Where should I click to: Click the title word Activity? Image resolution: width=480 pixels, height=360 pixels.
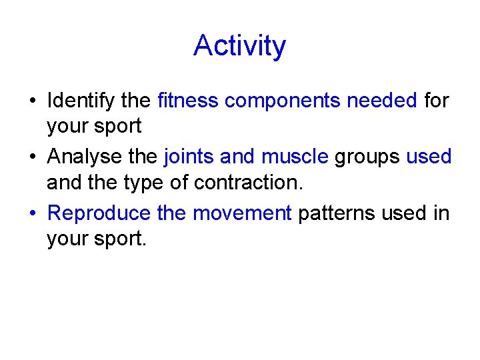click(239, 46)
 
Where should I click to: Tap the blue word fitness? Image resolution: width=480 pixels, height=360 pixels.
click(188, 101)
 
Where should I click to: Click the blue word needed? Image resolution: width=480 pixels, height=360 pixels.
click(383, 101)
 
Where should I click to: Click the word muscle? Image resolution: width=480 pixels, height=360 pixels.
click(295, 157)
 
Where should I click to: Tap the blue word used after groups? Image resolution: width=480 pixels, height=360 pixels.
click(429, 157)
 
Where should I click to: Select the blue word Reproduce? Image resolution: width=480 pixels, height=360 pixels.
click(99, 214)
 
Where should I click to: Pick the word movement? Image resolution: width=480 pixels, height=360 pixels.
click(242, 213)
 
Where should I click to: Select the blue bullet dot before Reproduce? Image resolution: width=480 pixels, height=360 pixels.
click(32, 214)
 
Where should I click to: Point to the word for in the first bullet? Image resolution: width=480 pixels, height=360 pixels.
click(437, 101)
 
